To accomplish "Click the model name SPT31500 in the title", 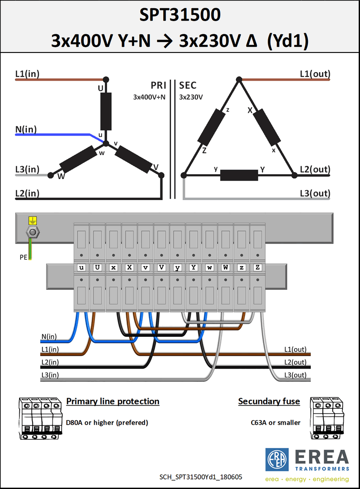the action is (180, 15).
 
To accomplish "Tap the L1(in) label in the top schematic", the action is (27, 74).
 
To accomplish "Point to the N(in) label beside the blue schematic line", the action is (26, 129).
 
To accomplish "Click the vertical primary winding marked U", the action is (106, 111).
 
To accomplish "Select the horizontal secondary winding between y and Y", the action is (239, 175).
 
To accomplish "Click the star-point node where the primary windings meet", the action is (106, 143).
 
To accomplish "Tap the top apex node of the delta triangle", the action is (239, 80).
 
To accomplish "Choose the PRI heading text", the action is (159, 85).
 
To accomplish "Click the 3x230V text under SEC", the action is (191, 97).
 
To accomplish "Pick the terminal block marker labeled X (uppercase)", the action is (129, 267).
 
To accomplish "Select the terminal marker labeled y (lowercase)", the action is (177, 267).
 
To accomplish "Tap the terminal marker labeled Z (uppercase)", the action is (257, 267).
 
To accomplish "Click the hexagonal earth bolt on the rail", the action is (32, 232).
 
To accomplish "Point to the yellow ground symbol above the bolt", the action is (32, 221).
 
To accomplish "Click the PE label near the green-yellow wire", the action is (23, 257).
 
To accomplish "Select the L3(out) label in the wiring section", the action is (295, 374).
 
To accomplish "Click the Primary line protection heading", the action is (113, 401).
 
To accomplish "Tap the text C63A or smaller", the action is (275, 423).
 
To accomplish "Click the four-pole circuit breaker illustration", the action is (40, 418).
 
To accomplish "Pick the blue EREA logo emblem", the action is (277, 460).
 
